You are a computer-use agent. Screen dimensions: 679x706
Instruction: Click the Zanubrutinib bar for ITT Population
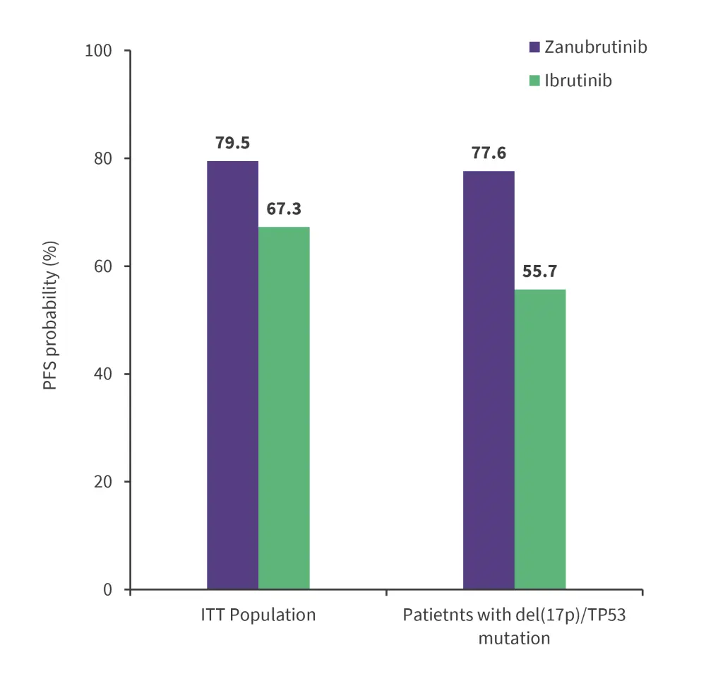(232, 374)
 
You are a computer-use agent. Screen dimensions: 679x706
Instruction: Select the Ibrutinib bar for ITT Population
(284, 408)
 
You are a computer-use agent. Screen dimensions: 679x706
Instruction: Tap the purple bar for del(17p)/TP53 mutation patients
(489, 379)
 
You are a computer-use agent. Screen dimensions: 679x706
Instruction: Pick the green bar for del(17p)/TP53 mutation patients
(540, 439)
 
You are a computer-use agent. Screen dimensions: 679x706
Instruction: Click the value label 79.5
(232, 143)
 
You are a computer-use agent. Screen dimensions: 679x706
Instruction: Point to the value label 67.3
(284, 209)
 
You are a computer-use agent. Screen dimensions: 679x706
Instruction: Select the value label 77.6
(489, 153)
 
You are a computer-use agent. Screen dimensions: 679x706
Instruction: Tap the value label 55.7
(540, 271)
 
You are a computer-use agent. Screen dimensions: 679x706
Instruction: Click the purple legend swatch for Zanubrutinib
(535, 47)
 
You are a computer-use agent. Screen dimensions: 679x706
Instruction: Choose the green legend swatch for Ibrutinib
(535, 81)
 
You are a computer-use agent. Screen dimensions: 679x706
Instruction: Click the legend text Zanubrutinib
(596, 47)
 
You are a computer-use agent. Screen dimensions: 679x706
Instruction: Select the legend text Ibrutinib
(578, 81)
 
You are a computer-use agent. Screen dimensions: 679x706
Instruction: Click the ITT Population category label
(258, 615)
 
